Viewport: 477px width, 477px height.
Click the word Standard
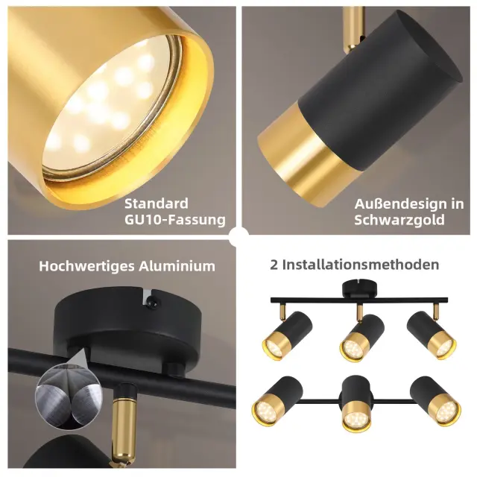point(157,203)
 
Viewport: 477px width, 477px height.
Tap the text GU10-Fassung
point(175,220)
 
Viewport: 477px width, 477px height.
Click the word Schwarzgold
point(399,220)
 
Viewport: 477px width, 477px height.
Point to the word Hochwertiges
point(86,267)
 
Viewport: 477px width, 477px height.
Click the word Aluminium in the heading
point(177,266)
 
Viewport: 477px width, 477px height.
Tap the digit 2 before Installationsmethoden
point(274,265)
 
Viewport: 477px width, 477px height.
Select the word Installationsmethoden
point(361,265)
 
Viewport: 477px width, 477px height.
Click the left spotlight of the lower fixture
point(277,401)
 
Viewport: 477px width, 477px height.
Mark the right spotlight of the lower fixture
point(435,401)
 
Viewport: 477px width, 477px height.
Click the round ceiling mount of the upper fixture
point(359,289)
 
